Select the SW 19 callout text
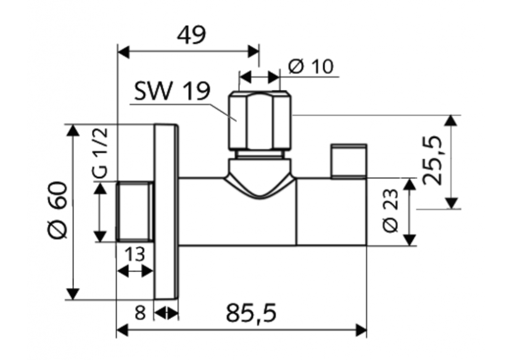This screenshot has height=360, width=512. pos(172,91)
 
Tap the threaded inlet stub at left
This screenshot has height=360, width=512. pos(134,211)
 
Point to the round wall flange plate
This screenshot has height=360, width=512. pos(165,211)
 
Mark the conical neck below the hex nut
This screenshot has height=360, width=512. pos(258,176)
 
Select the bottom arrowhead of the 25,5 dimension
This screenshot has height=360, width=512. pos(452,203)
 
